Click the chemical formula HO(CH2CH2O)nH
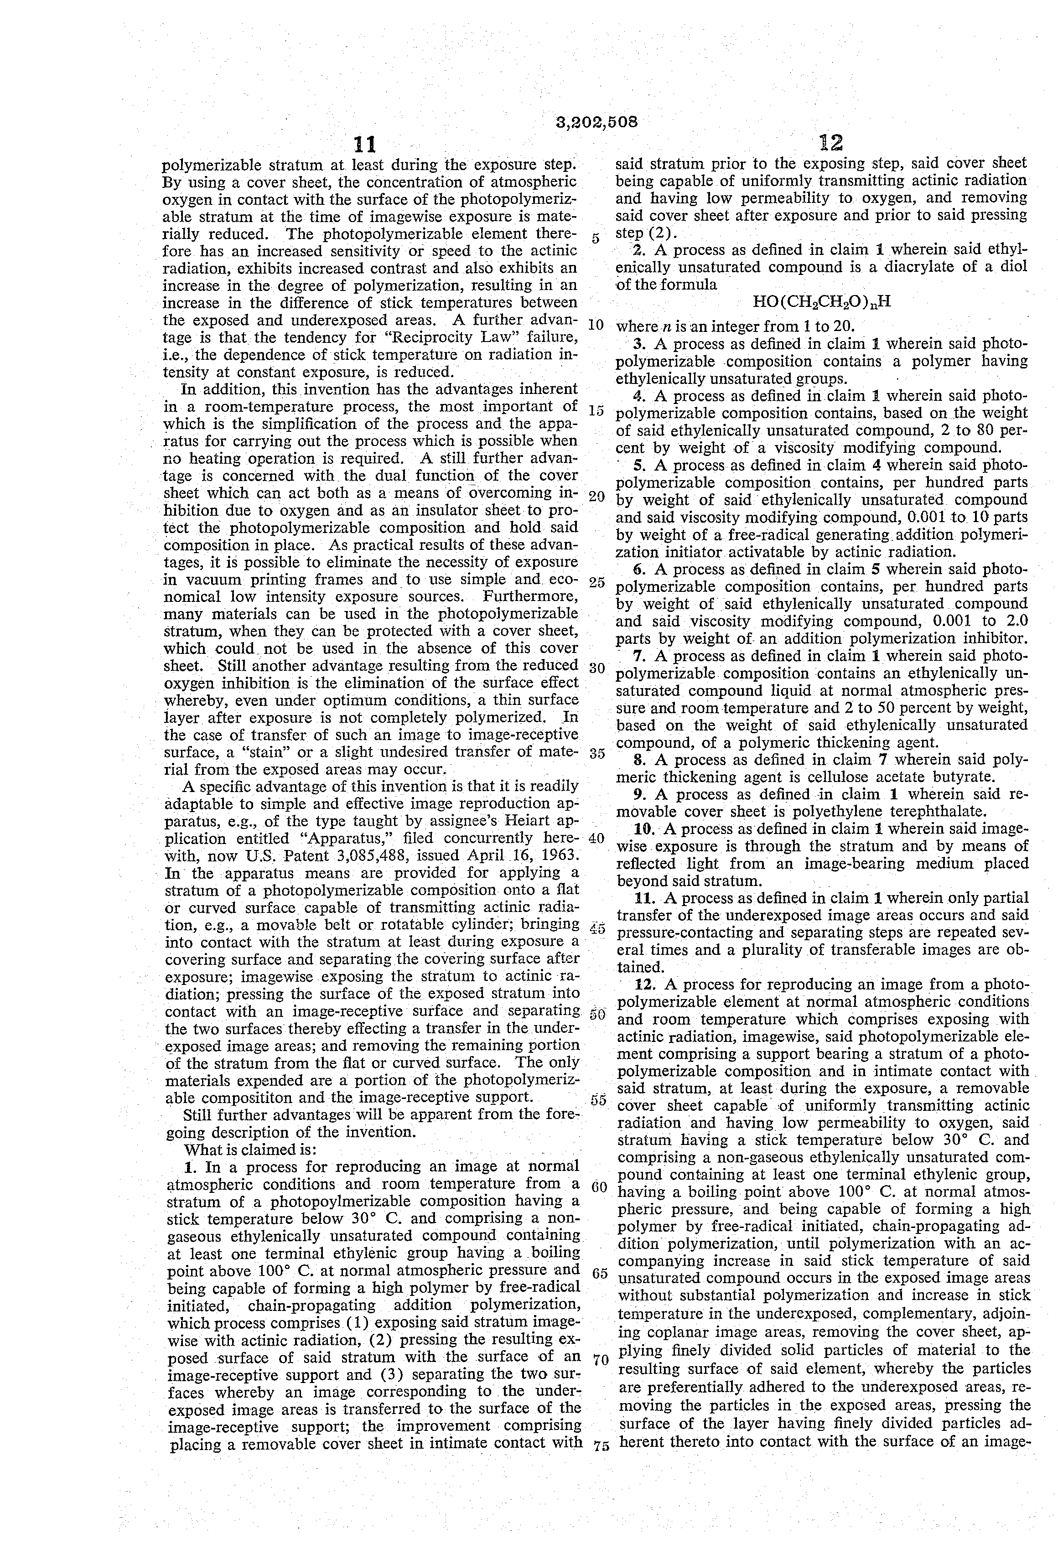822,301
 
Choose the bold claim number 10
645,829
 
